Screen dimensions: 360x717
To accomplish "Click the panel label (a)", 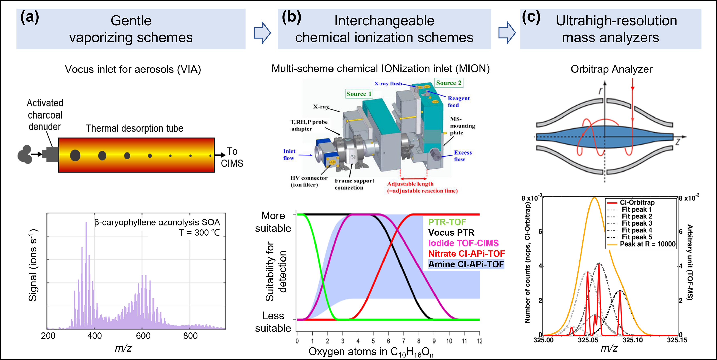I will click(x=30, y=17).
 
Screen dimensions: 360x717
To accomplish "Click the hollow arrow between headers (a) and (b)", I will click(x=262, y=33).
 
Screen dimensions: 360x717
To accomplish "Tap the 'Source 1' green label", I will click(x=359, y=94).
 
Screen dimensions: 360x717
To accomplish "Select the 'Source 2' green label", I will click(x=449, y=83).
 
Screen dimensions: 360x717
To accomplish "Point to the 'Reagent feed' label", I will click(x=458, y=102).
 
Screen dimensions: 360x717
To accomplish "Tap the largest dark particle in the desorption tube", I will click(x=75, y=155).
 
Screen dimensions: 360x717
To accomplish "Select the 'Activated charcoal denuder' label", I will click(x=45, y=115).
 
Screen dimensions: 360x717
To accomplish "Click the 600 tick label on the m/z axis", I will click(x=143, y=336).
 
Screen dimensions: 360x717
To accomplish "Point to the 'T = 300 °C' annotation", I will click(x=199, y=233).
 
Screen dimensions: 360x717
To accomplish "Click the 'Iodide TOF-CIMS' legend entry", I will click(x=463, y=243).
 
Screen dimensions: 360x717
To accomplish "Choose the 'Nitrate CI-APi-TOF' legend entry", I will click(x=466, y=254).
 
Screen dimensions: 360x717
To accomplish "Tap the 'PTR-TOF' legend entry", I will click(x=447, y=222).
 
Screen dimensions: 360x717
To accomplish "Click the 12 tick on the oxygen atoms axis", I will click(x=479, y=341).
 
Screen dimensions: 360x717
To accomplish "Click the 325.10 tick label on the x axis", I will click(x=632, y=340).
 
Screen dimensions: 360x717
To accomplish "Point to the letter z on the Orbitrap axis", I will click(x=678, y=142).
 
